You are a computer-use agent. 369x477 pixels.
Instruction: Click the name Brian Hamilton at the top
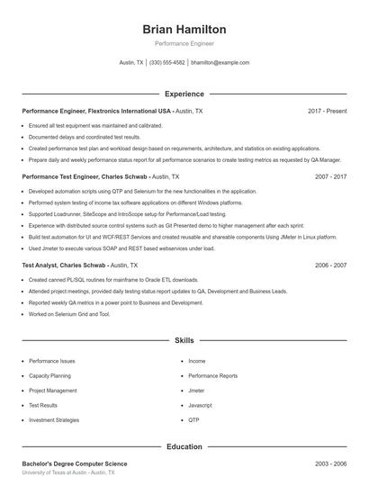pyautogui.click(x=184, y=29)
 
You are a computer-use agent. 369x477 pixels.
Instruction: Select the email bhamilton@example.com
pyautogui.click(x=220, y=63)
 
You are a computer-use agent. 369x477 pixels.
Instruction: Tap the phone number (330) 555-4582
pyautogui.click(x=167, y=63)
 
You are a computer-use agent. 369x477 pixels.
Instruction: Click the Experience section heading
pyautogui.click(x=184, y=94)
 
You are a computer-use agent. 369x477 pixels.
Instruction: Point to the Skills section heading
pyautogui.click(x=184, y=341)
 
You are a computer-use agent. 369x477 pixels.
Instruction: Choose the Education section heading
pyautogui.click(x=184, y=446)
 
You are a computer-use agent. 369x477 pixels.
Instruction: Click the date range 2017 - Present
pyautogui.click(x=327, y=111)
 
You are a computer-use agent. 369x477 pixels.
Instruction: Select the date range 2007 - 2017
pyautogui.click(x=330, y=177)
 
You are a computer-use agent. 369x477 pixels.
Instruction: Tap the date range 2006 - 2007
pyautogui.click(x=330, y=265)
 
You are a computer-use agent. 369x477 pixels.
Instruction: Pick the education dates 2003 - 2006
pyautogui.click(x=330, y=463)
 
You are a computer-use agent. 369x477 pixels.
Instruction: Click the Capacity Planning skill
pyautogui.click(x=49, y=375)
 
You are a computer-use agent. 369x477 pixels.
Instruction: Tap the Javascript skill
pyautogui.click(x=201, y=405)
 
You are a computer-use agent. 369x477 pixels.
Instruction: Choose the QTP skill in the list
pyautogui.click(x=193, y=419)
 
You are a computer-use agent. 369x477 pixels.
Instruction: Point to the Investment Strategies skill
pyautogui.click(x=54, y=419)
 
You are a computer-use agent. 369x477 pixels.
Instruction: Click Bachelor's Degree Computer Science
pyautogui.click(x=75, y=463)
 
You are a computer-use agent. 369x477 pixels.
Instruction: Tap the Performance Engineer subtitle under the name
pyautogui.click(x=184, y=43)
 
